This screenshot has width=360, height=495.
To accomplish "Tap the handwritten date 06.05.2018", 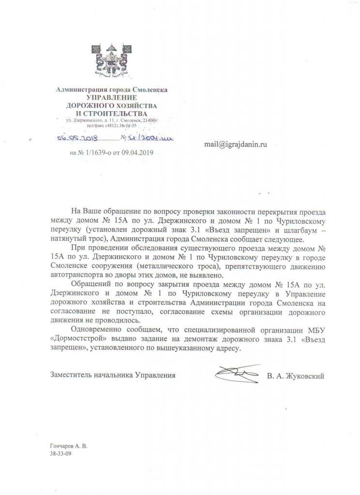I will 77,138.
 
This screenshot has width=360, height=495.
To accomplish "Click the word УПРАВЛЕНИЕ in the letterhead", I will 112,97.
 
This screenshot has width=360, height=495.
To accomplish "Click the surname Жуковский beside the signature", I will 303,375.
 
